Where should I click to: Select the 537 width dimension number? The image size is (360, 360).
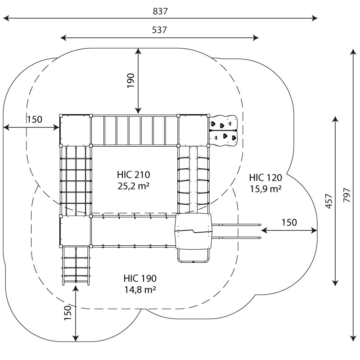point(159,30)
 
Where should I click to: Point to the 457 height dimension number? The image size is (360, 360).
point(328,201)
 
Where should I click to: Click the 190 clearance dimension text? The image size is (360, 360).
point(131,81)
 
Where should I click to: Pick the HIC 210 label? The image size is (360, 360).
point(133,175)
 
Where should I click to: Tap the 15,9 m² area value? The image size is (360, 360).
point(265,189)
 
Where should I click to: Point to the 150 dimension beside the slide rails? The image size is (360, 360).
point(289,222)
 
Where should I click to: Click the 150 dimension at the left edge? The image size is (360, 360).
point(34,119)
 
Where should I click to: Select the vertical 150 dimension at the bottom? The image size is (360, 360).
point(68,314)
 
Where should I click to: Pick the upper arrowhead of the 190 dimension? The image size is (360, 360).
point(139,51)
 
